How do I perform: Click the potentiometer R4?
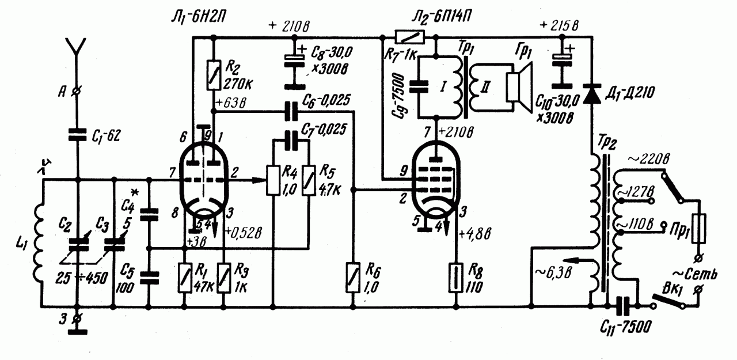pyautogui.click(x=273, y=180)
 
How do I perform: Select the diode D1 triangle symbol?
pyautogui.click(x=591, y=96)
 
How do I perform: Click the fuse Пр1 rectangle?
pyautogui.click(x=700, y=228)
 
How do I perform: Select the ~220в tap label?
pyautogui.click(x=643, y=161)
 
